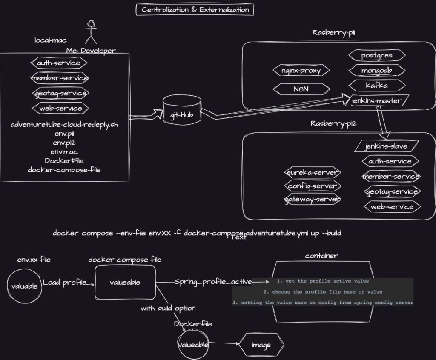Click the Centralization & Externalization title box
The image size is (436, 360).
195,10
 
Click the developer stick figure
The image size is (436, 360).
90,32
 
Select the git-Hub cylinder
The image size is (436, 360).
182,111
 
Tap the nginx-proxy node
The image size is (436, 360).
301,71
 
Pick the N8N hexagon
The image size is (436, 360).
301,89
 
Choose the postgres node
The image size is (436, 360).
377,56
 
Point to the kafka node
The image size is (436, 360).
377,86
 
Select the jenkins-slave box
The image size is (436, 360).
386,146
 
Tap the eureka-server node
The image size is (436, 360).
313,172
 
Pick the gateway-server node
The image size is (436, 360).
313,199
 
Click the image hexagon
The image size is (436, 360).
261,345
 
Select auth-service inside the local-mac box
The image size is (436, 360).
59,63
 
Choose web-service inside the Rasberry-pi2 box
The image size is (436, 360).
392,207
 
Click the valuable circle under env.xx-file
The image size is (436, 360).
25,286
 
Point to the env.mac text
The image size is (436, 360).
64,152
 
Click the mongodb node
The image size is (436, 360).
377,71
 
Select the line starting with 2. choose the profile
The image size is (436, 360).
322,292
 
